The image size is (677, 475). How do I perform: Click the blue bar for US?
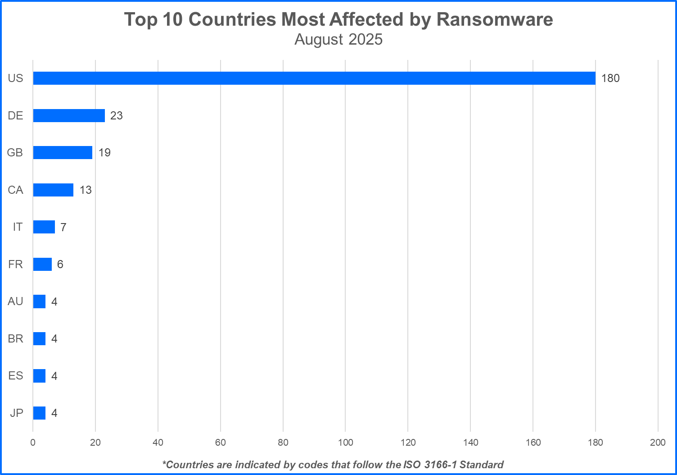tap(314, 78)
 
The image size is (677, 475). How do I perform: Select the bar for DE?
tap(69, 115)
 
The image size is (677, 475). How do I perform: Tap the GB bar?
tap(63, 152)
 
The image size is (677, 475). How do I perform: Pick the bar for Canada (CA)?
tap(53, 190)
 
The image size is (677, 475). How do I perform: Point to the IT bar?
tap(44, 227)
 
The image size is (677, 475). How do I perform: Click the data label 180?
tap(610, 78)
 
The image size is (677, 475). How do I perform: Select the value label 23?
tap(116, 116)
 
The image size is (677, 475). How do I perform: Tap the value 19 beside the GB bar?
tap(104, 153)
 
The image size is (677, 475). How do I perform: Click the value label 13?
tap(86, 190)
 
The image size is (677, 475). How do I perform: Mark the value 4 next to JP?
tap(54, 413)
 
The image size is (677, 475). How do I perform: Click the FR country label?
tap(15, 264)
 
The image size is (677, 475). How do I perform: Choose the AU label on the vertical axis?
tap(15, 301)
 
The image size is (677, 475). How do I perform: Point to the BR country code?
tap(15, 338)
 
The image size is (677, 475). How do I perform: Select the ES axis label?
tap(15, 376)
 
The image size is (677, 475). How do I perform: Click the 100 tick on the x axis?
tap(345, 443)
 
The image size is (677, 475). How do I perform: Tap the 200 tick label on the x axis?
tap(658, 443)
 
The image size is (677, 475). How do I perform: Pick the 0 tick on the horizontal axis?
tap(33, 443)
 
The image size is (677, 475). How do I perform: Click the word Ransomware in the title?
tap(495, 19)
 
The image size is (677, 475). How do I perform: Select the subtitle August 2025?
tap(338, 40)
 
